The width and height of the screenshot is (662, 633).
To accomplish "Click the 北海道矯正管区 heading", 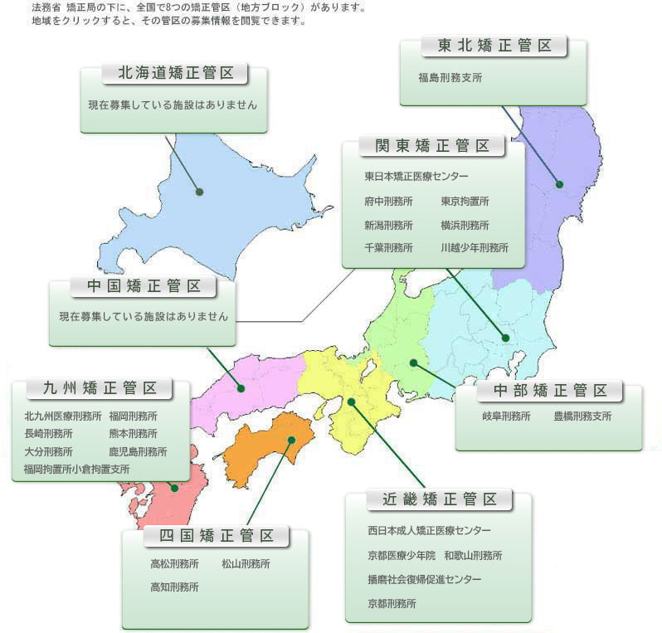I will point(175,73).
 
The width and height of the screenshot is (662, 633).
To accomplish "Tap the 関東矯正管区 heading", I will point(433,146).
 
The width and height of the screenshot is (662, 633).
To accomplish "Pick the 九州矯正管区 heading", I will point(101,387).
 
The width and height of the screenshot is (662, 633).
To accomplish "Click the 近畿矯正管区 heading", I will point(440,499).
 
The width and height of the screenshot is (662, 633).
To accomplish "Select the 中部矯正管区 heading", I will point(549,390).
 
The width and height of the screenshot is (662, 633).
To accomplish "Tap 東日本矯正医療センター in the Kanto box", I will point(416,177).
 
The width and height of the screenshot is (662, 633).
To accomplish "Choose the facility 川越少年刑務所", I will point(475,247).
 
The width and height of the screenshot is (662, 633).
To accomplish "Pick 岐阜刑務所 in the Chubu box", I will point(506,416).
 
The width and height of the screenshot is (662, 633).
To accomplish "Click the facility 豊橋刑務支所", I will point(582,416).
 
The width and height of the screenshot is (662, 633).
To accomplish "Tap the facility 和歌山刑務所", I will point(473,555).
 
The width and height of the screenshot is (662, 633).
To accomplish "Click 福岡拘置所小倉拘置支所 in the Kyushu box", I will point(76,469).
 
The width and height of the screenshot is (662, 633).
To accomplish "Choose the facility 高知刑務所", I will point(174,587).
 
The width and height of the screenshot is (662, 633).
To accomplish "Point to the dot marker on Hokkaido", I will point(200,192).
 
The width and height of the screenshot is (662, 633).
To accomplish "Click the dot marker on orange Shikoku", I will point(291,441).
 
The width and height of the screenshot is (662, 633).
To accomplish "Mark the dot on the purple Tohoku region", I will point(559,184).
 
